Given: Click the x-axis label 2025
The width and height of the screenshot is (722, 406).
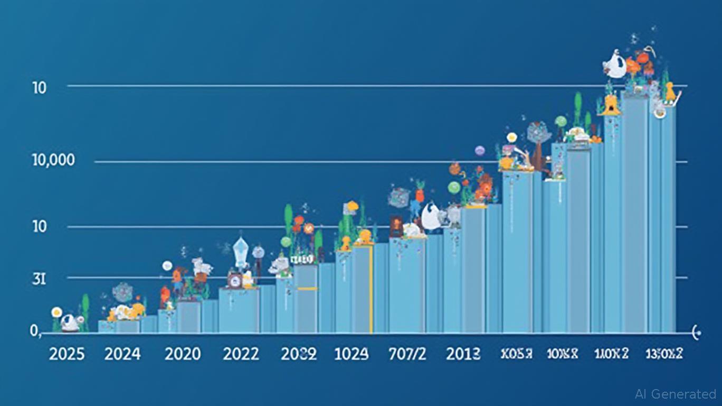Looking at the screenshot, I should point(66,354).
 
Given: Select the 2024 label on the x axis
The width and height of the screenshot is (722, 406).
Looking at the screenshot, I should point(122,354).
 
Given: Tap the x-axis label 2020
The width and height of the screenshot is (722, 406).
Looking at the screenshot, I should point(183,354).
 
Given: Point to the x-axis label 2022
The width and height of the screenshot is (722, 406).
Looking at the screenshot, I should point(241,354).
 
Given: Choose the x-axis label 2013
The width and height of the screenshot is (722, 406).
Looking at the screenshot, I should point(463,354).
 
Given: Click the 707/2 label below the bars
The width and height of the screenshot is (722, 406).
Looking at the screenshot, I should point(407,354).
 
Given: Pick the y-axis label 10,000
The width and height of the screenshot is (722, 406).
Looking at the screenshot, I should point(53,160).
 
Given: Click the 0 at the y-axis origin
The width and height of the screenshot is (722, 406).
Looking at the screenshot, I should point(35,331).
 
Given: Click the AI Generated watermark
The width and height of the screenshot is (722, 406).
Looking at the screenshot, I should point(676,394).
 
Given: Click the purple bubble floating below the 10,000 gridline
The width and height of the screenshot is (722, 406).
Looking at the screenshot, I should point(479,151).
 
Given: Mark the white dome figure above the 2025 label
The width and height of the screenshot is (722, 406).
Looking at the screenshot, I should point(70,322).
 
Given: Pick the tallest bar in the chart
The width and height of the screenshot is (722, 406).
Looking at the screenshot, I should point(634,211).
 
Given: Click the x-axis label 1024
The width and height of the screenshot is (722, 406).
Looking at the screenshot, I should point(351,354).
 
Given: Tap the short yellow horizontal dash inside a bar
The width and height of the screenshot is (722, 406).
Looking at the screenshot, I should point(307,289).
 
